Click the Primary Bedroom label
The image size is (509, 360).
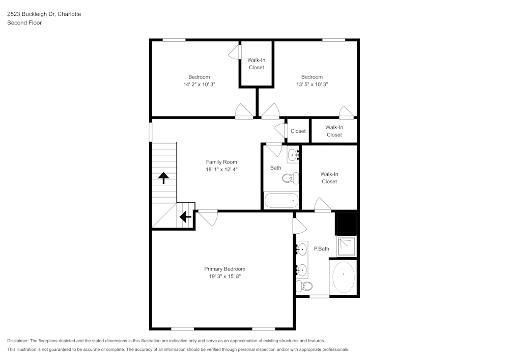pos(224,269)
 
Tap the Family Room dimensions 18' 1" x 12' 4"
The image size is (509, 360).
pos(221,170)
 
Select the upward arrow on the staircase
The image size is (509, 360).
pos(163,178)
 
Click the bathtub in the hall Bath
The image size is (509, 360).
pos(280,201)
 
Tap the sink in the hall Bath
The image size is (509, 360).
pos(293,154)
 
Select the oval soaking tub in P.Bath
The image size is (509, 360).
pos(343,277)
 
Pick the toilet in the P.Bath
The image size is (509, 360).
pos(304,286)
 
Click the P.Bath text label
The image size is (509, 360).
pos(321,248)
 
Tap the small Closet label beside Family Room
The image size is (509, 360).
pos(298,131)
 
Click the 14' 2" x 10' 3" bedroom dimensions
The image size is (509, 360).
pos(200,85)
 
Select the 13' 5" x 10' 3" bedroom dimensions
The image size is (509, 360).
pos(312,85)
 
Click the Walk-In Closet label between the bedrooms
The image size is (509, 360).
pos(256,64)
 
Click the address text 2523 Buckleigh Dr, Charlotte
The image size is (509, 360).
pos(44,14)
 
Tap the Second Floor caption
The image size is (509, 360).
pos(24,23)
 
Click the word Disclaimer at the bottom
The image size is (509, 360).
pos(17,341)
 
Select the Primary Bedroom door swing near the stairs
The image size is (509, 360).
pos(208,218)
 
